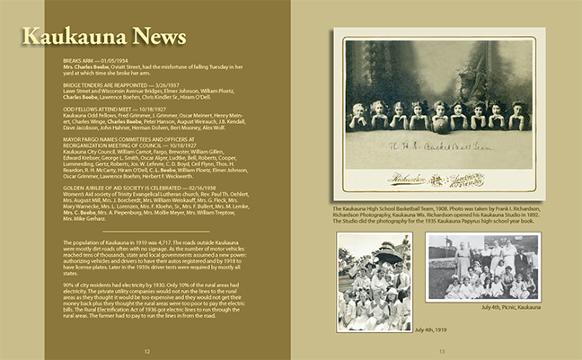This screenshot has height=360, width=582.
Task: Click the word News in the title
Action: pyautogui.click(x=154, y=36)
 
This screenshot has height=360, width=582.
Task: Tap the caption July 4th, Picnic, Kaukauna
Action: pyautogui.click(x=510, y=307)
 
